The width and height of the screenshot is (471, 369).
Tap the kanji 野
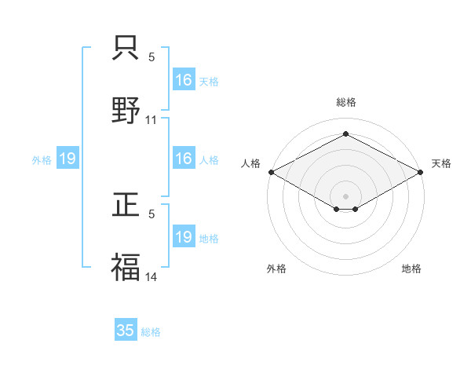[126, 109]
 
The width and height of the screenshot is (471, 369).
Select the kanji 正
[126, 204]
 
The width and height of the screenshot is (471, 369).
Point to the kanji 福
[126, 266]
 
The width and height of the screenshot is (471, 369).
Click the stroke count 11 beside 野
[152, 120]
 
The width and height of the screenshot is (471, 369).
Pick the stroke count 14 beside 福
[152, 277]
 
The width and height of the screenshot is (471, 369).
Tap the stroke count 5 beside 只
[152, 57]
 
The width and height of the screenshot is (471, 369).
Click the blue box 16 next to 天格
[184, 80]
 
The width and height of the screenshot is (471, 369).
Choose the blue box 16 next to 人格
[184, 159]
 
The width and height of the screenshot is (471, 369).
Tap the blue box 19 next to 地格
[184, 237]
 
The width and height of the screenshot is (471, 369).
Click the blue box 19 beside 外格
[68, 159]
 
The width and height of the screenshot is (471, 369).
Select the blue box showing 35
[126, 331]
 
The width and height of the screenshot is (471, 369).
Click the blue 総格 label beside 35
[152, 332]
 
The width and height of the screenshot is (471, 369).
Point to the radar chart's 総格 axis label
[345, 102]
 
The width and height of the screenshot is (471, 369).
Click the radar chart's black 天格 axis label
[442, 163]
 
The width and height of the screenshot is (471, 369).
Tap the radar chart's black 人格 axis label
[250, 163]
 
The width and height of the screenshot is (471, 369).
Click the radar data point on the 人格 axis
[270, 171]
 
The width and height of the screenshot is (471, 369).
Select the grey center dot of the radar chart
[345, 195]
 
